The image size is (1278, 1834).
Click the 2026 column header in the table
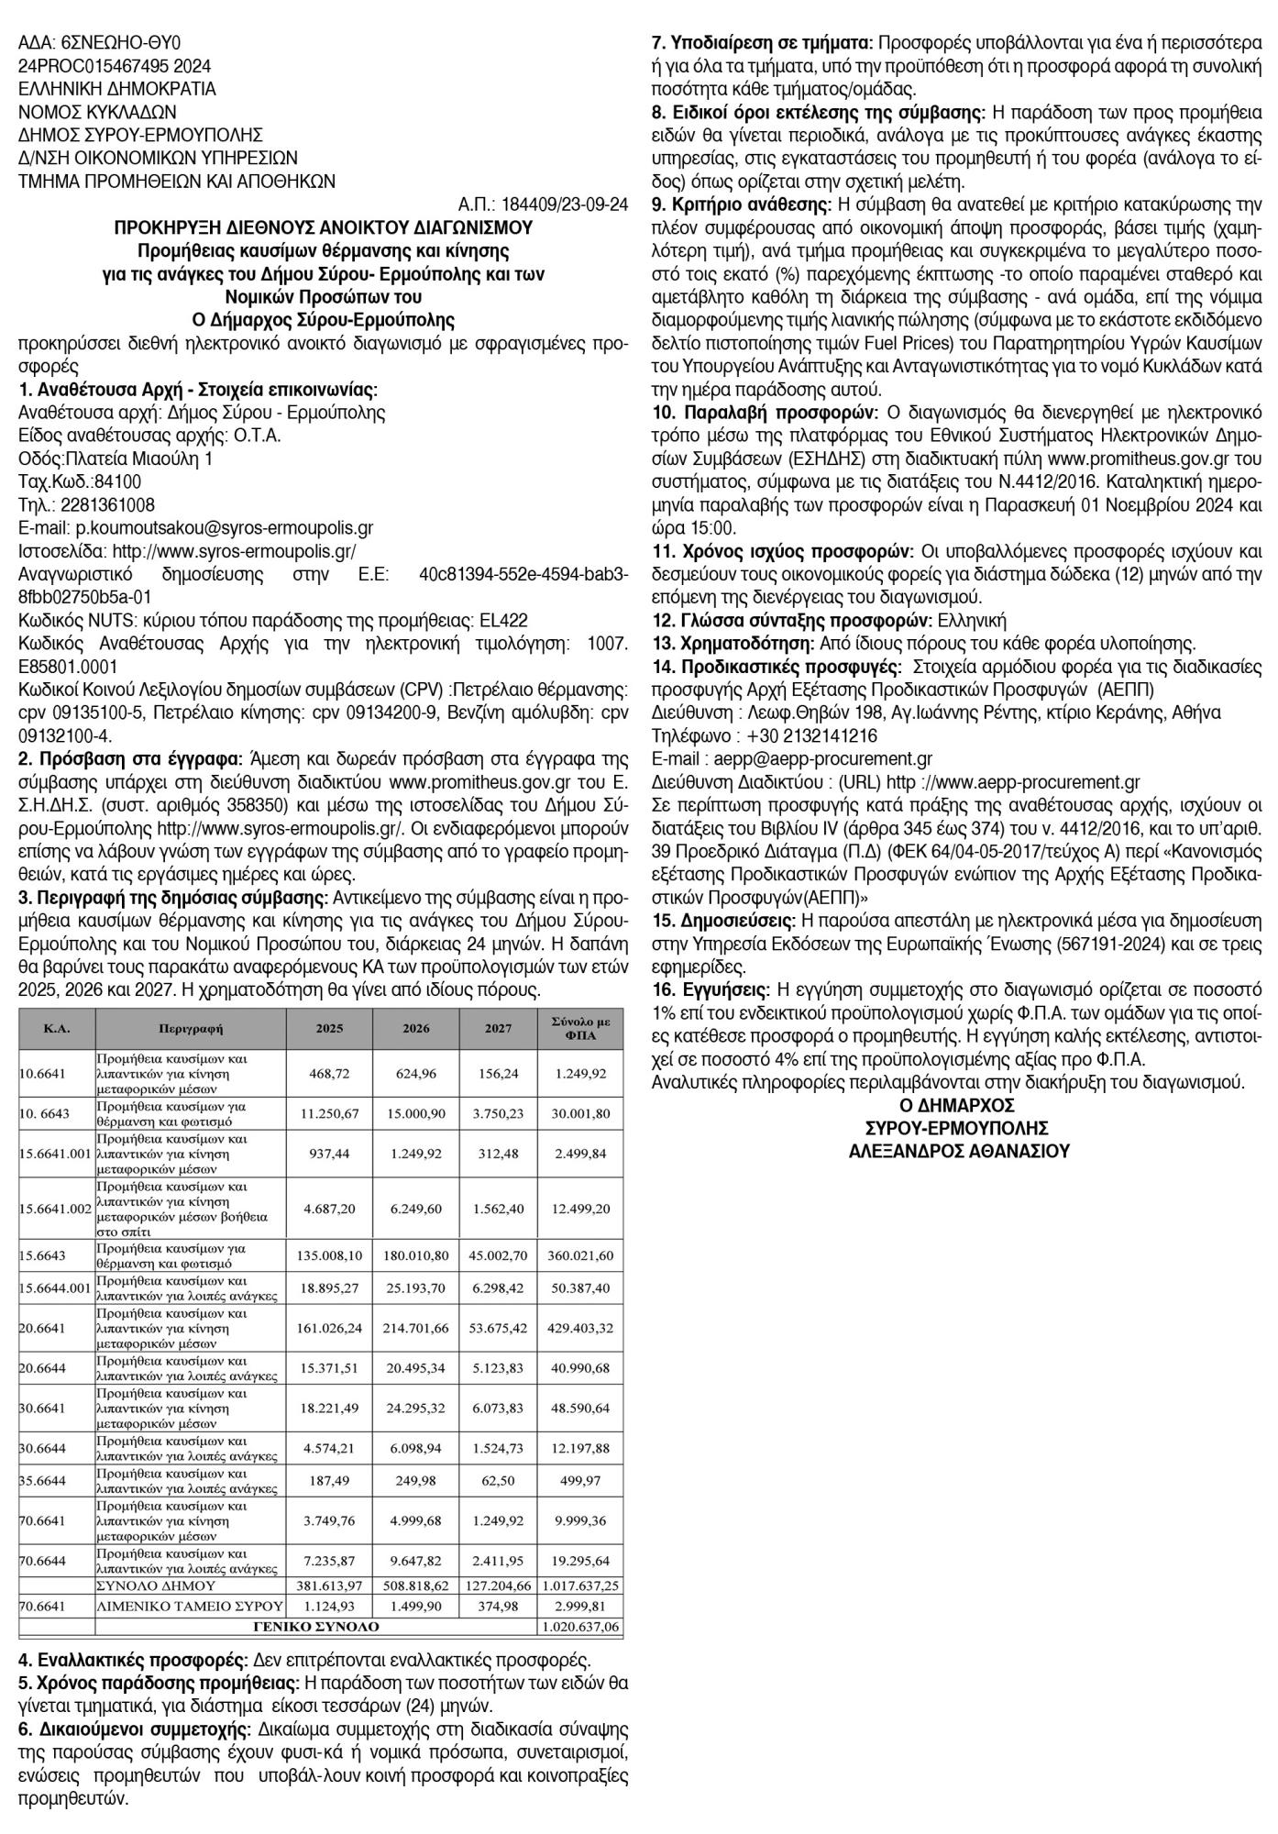click(x=415, y=1029)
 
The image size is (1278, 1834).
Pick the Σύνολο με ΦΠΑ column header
click(x=579, y=1029)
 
